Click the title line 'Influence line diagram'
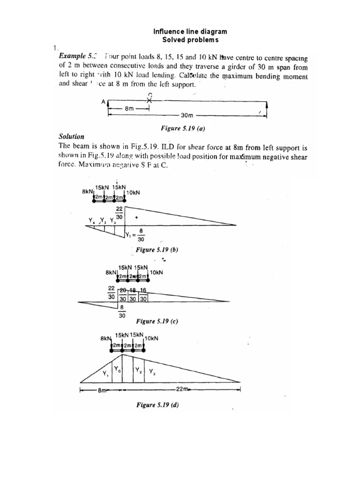(x=190, y=31)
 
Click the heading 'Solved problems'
(x=190, y=40)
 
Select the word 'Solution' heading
(x=71, y=137)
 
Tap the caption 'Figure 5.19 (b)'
(x=157, y=250)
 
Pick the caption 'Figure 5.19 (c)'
(x=157, y=322)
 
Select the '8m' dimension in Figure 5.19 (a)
(x=128, y=108)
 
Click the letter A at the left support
(x=103, y=101)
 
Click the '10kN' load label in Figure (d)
(x=152, y=338)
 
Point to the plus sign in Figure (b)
(x=136, y=218)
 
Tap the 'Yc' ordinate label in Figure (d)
(x=119, y=370)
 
